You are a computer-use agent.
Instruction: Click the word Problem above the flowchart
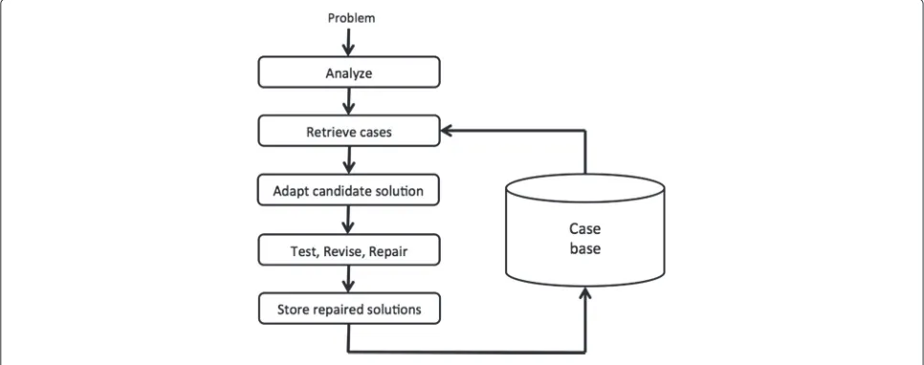pos(351,18)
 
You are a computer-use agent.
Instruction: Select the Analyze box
pos(349,73)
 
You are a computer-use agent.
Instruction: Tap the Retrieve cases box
pos(349,131)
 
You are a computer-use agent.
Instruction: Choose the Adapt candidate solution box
pos(349,189)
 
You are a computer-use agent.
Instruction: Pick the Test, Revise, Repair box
pos(349,249)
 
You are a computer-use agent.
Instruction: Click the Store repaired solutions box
pos(349,308)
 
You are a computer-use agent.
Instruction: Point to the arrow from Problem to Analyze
pos(348,41)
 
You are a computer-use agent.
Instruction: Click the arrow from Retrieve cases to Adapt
pos(348,161)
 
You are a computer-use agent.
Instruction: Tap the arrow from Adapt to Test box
pos(348,220)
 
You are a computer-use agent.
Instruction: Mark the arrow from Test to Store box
pos(348,279)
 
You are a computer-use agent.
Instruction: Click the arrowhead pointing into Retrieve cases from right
pos(446,131)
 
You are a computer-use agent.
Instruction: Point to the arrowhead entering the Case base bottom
pos(585,292)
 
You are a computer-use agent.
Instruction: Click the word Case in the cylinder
pos(585,229)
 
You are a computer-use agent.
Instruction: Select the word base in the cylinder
pos(585,249)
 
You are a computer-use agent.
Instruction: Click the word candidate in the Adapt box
pos(344,192)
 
